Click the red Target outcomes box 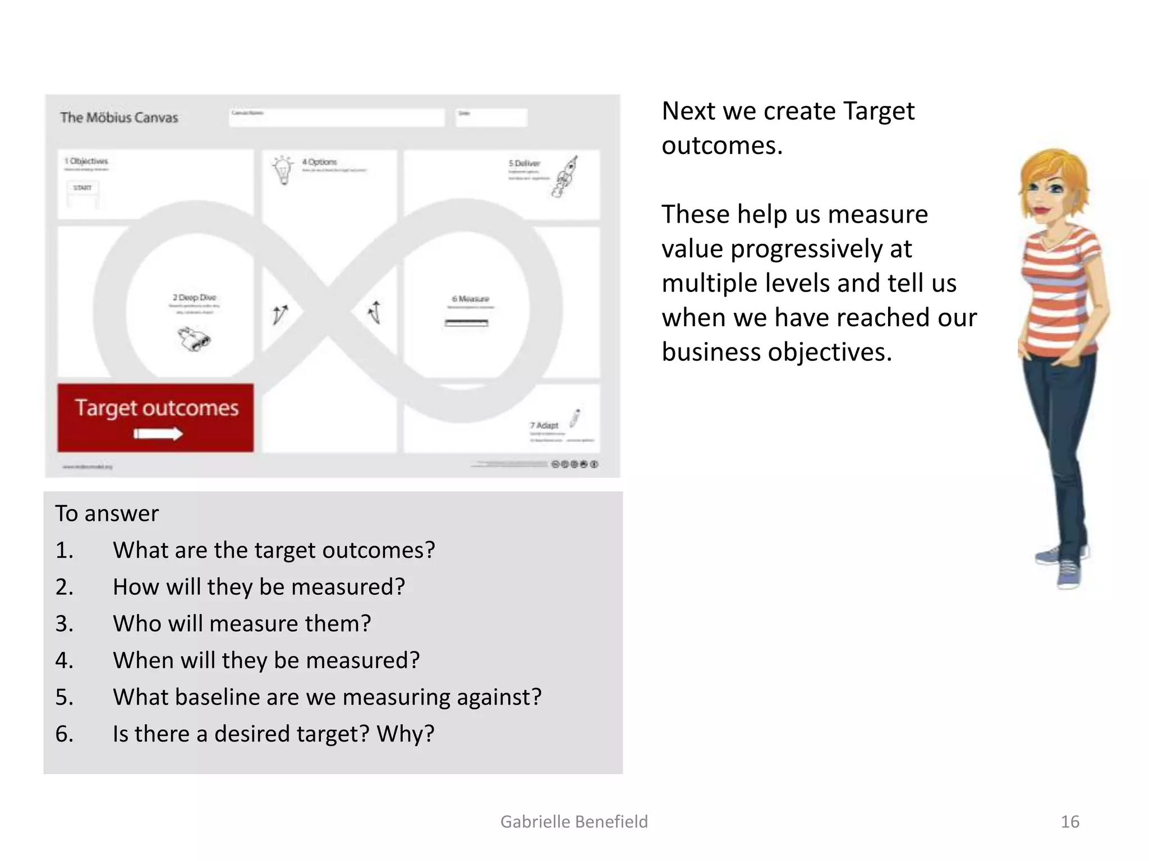(155, 417)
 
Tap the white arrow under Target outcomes (158, 434)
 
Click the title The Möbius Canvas (119, 118)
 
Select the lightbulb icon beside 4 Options (283, 170)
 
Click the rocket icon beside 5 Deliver (566, 176)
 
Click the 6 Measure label (470, 299)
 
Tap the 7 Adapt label (544, 425)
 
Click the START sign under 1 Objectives (82, 188)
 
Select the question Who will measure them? (242, 623)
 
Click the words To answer (107, 513)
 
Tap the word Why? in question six (405, 734)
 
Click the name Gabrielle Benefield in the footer (574, 822)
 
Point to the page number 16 (1069, 822)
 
